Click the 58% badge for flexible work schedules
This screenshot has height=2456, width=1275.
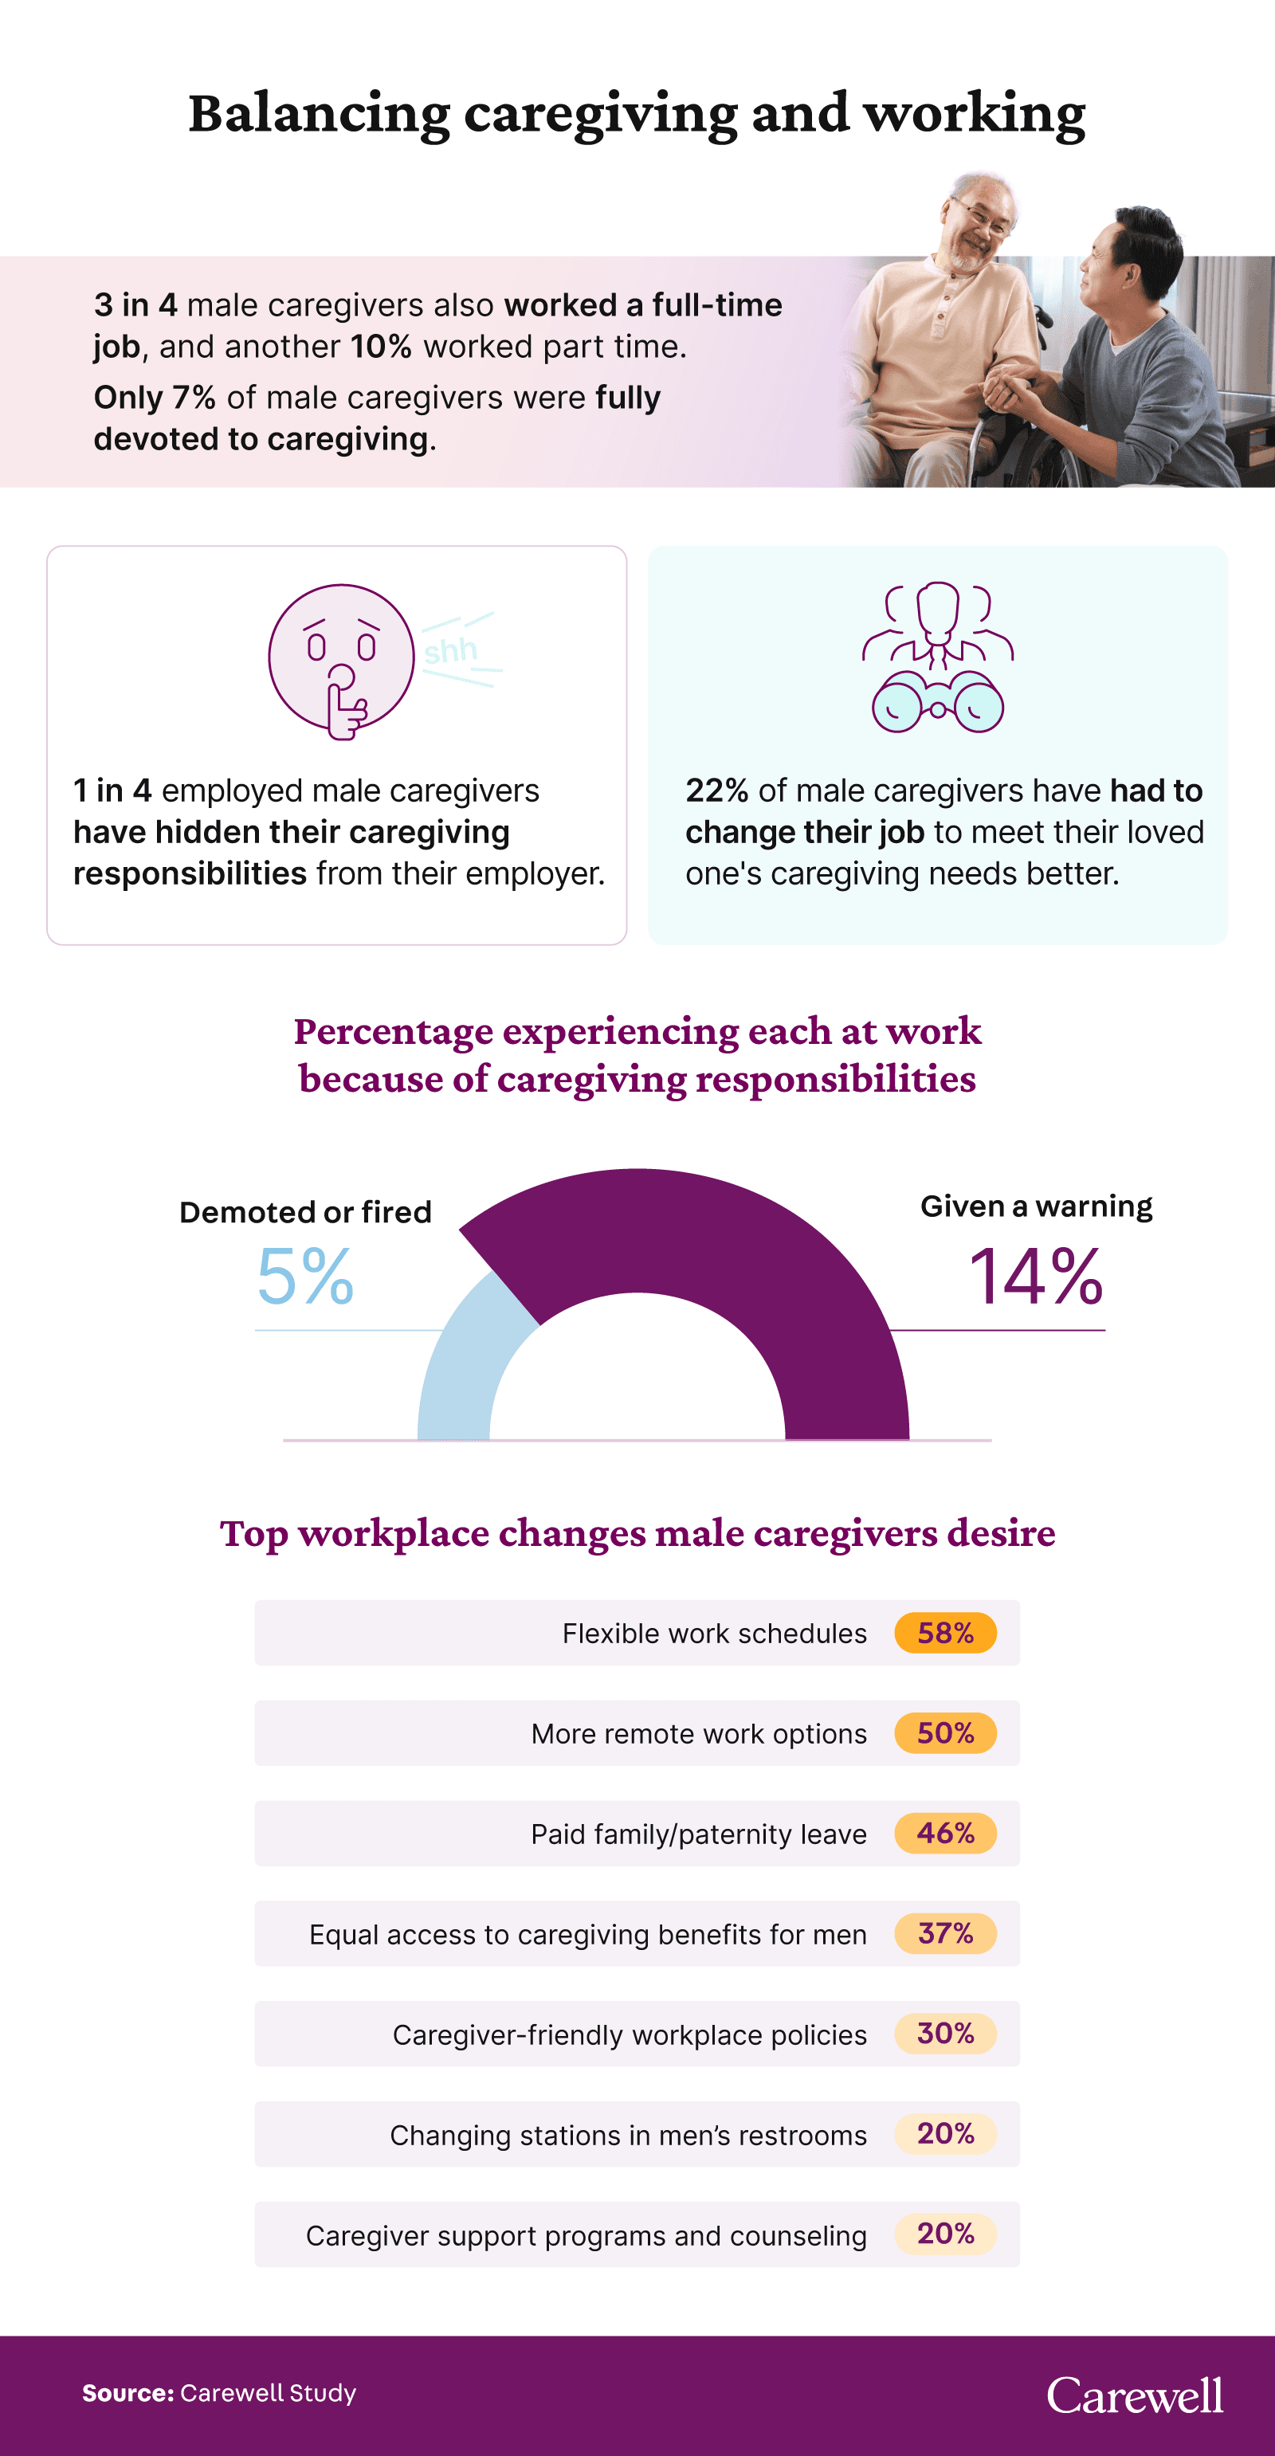coord(945,1632)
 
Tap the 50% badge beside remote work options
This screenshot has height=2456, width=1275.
coord(945,1732)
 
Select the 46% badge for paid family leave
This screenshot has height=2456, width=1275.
coord(945,1833)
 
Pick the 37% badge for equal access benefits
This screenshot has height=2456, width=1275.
coord(945,1932)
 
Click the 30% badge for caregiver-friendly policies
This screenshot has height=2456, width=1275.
coord(945,2033)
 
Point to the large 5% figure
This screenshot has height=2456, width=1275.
coord(305,1277)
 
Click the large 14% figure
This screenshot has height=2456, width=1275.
coord(1036,1277)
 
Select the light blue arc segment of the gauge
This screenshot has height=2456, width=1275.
coord(467,1363)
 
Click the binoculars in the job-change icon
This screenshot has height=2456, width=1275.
coord(937,704)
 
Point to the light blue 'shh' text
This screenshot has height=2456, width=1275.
coord(450,651)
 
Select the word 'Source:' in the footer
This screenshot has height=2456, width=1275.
coord(127,2393)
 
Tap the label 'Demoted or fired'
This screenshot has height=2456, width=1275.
coord(305,1212)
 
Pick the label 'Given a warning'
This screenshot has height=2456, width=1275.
coord(1036,1206)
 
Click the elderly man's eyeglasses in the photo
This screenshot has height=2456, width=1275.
coord(983,218)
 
